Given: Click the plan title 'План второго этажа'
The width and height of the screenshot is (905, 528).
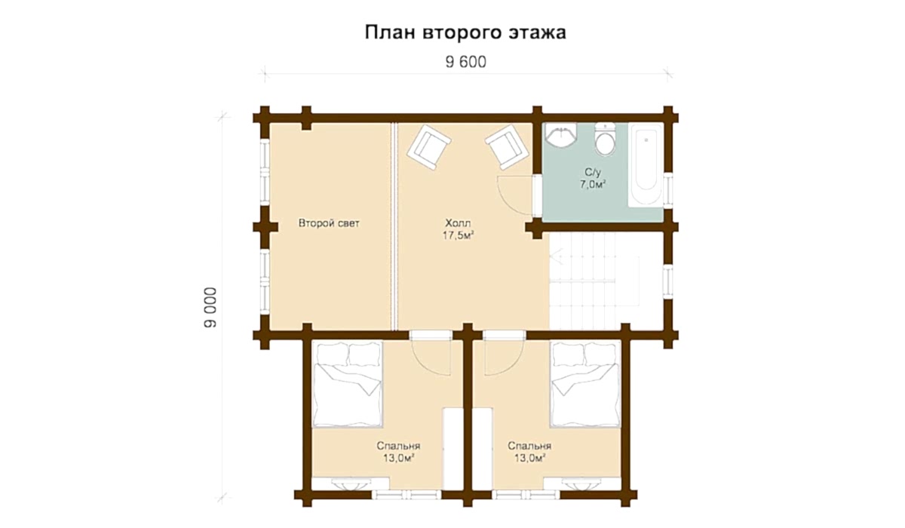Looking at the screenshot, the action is tap(465, 32).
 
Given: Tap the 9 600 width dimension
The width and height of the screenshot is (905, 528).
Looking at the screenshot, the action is tap(466, 62).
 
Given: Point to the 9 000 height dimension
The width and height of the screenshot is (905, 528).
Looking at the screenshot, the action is tap(210, 308).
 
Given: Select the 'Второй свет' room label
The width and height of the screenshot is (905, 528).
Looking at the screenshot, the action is tap(329, 223).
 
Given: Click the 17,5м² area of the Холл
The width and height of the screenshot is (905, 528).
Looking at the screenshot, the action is tap(459, 235).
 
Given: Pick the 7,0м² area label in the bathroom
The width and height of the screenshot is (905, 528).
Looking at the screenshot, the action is tap(593, 185).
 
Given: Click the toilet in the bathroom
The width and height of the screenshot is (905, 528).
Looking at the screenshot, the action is tap(605, 140).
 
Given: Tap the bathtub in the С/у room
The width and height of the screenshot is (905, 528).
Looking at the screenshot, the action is tap(646, 165).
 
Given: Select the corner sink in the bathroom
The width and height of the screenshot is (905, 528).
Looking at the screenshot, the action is tap(561, 134).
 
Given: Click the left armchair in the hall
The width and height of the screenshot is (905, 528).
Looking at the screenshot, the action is tap(429, 147).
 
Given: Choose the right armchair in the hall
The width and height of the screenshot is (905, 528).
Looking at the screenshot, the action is tap(508, 147).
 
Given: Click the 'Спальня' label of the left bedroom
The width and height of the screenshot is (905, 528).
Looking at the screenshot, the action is tap(398, 446).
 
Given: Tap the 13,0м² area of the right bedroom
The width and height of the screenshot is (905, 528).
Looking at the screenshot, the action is tap(530, 458).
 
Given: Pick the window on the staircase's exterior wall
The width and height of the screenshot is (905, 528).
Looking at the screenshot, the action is tap(668, 281).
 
